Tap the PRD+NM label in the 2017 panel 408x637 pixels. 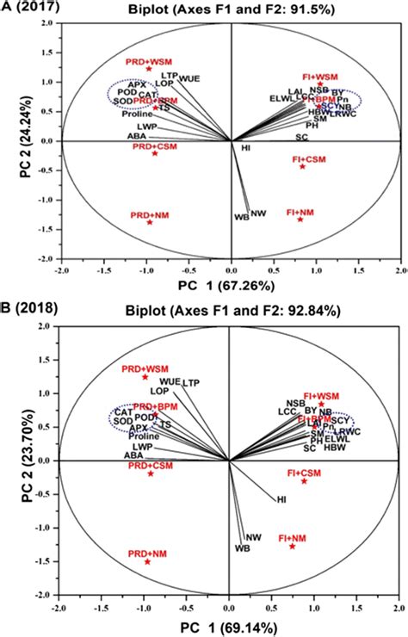pos(150,213)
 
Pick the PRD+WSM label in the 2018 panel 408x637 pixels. pos(145,368)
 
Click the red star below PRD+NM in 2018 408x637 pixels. pos(147,561)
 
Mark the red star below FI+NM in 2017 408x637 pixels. pos(300,220)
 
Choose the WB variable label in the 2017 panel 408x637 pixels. pos(241,216)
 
